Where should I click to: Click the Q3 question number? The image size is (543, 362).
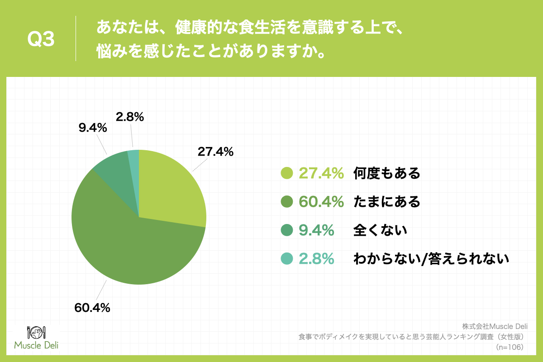41,40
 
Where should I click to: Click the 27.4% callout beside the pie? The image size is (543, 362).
215,152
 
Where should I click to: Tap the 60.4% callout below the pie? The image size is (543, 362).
92,308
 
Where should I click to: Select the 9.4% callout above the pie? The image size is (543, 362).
92,128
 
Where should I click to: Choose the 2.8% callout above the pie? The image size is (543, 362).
129,117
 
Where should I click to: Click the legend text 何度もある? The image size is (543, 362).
387,173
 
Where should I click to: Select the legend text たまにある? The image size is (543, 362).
387,202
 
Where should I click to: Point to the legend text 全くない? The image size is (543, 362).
380,230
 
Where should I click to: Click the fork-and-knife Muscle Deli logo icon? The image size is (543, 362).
36,333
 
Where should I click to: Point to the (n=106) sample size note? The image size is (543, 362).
510,347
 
